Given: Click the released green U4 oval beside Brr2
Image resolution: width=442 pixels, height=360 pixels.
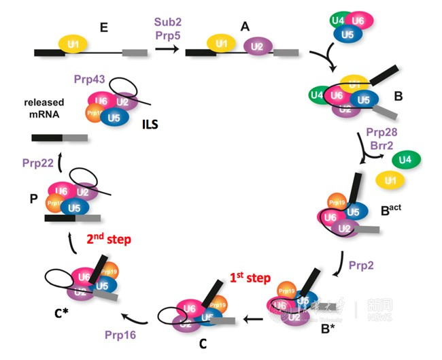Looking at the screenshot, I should tap(405, 161).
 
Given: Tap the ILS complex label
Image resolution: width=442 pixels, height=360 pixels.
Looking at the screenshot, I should tap(152, 125).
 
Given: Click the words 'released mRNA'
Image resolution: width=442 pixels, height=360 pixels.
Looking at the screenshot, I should tap(44, 108).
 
